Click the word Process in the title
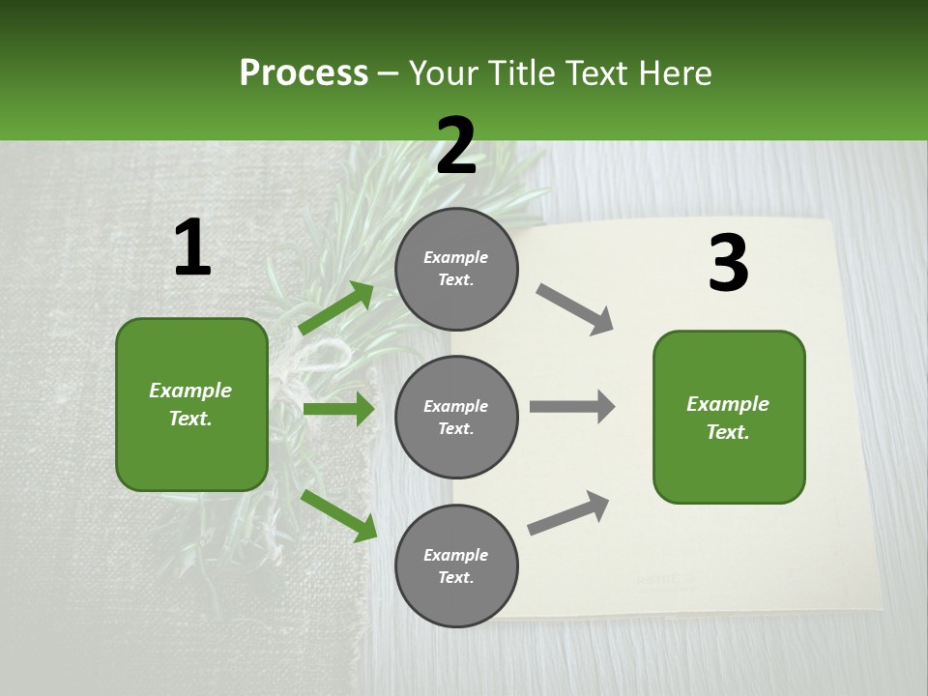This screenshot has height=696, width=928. click(x=304, y=73)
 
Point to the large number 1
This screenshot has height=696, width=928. click(x=192, y=248)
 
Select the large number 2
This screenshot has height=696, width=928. click(x=456, y=146)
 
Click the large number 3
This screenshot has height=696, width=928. click(x=728, y=264)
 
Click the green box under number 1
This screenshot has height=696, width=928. click(x=191, y=404)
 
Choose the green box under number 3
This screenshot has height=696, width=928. click(x=729, y=418)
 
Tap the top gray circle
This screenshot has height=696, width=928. click(x=456, y=269)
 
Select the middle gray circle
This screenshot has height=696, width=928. click(x=456, y=418)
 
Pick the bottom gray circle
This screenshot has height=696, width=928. click(x=456, y=566)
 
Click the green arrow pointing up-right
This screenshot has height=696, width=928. click(x=336, y=308)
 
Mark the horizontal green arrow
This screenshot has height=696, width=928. click(x=338, y=410)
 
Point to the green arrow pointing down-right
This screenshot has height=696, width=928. click(x=338, y=515)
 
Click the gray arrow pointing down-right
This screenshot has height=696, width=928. click(x=574, y=308)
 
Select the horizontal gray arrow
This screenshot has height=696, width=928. click(x=572, y=406)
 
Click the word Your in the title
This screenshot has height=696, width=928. click(x=441, y=73)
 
